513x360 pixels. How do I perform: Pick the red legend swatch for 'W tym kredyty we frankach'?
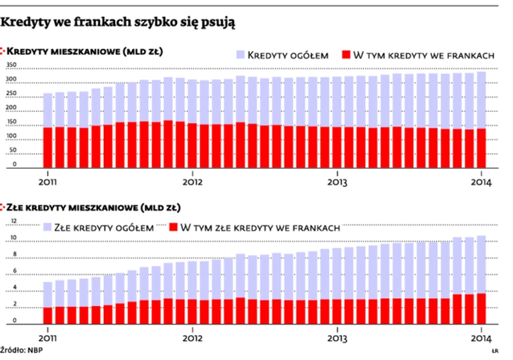click(x=345, y=55)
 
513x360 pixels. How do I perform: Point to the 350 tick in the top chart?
click(x=11, y=66)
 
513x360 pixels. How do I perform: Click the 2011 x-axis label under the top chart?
click(x=47, y=181)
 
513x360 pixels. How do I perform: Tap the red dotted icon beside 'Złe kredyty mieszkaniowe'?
click(x=6, y=207)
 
